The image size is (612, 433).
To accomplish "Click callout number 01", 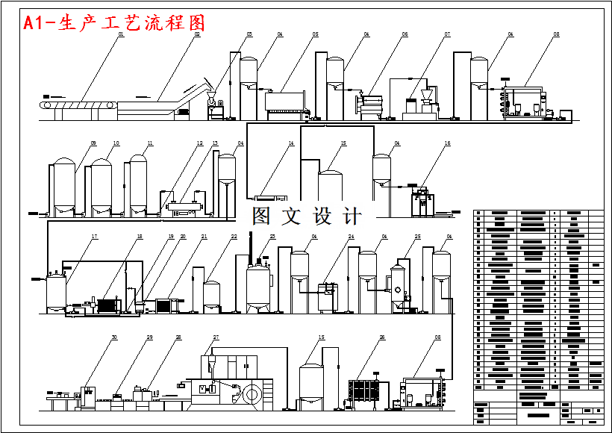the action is [x=120, y=34].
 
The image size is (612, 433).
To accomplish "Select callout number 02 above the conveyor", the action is [x=198, y=34].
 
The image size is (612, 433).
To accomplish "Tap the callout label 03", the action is [x=249, y=34].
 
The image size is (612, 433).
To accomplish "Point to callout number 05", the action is [x=315, y=34].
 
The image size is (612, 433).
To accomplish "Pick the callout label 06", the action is [x=405, y=34].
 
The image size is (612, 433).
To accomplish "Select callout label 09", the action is [x=93, y=143].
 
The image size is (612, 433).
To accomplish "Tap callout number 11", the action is [x=150, y=143].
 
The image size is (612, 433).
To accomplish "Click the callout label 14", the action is [x=291, y=143].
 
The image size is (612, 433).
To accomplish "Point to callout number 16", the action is [x=447, y=143].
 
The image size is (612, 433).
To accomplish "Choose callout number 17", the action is [x=95, y=237].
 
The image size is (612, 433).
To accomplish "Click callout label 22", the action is [x=234, y=237].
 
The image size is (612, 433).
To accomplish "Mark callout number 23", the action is [x=272, y=237].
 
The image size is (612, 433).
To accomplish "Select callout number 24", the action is [x=350, y=237].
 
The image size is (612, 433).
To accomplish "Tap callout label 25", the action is [x=418, y=237].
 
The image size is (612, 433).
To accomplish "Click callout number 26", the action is [x=381, y=337].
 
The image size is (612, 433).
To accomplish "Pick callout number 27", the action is [x=216, y=337].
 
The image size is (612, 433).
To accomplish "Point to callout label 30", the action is [x=114, y=337].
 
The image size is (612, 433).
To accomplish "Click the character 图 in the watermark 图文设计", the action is [x=262, y=216].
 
